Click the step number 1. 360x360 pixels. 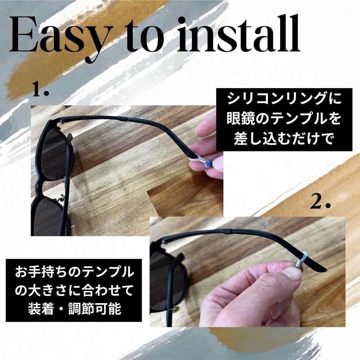[41, 90]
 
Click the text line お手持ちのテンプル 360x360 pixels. [74, 272]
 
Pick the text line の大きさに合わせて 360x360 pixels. [74, 290]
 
